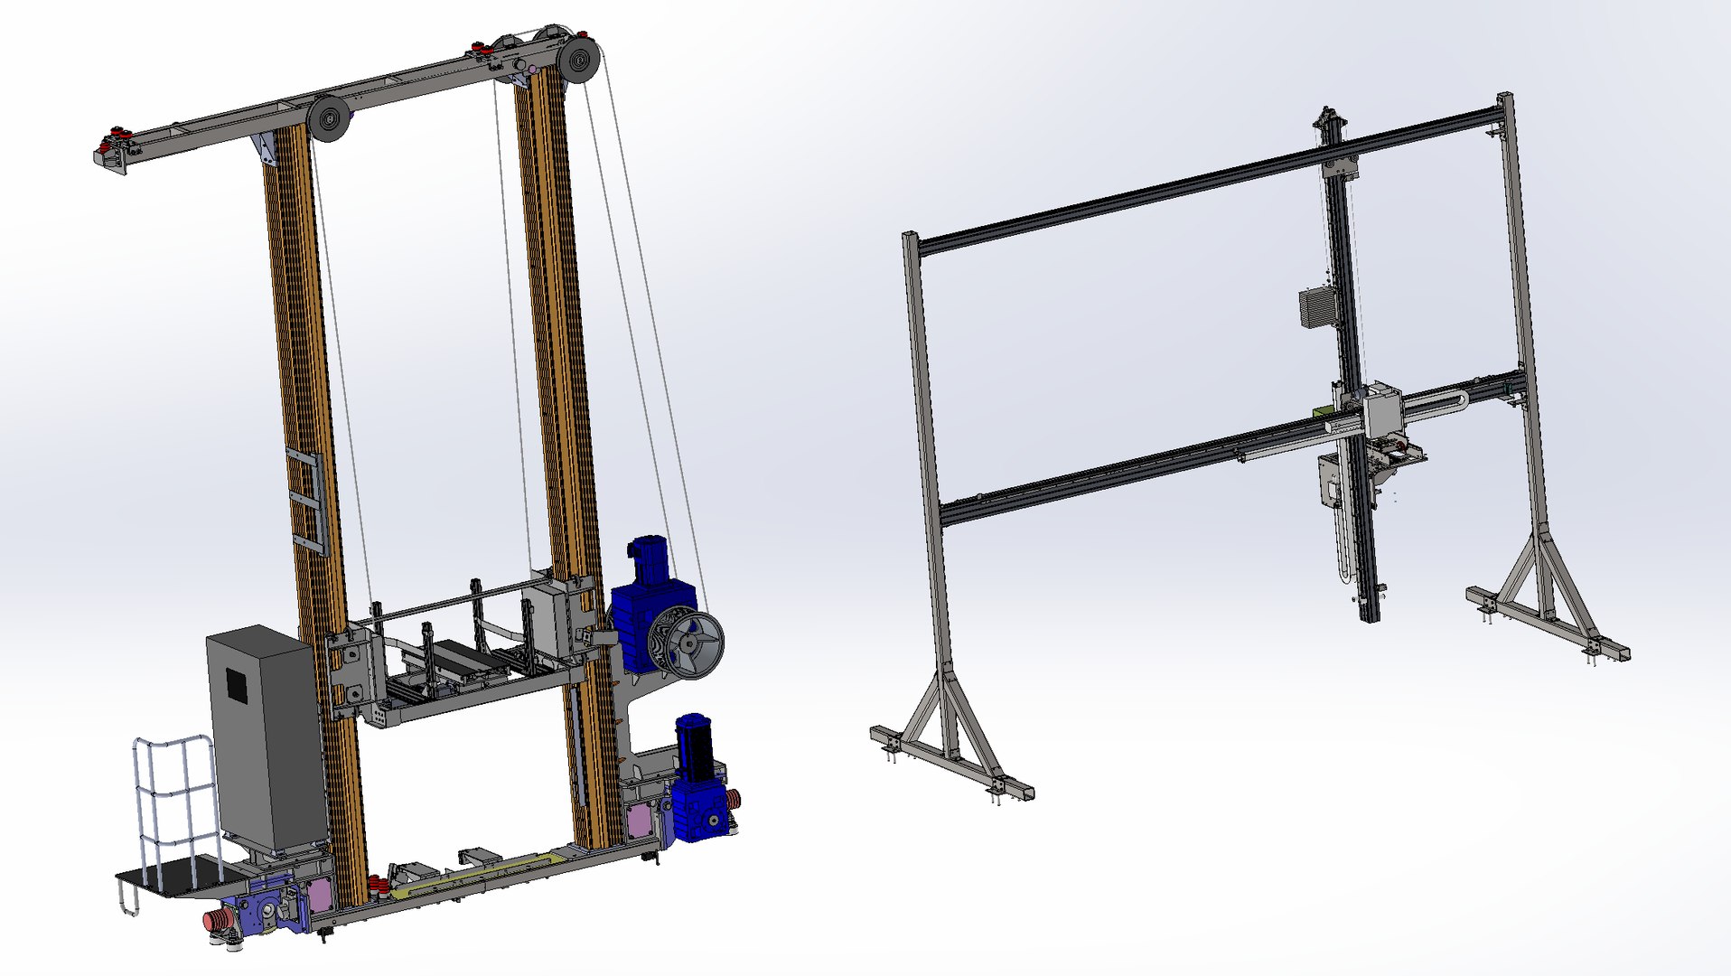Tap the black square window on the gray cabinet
237,684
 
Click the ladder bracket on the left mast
305,500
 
